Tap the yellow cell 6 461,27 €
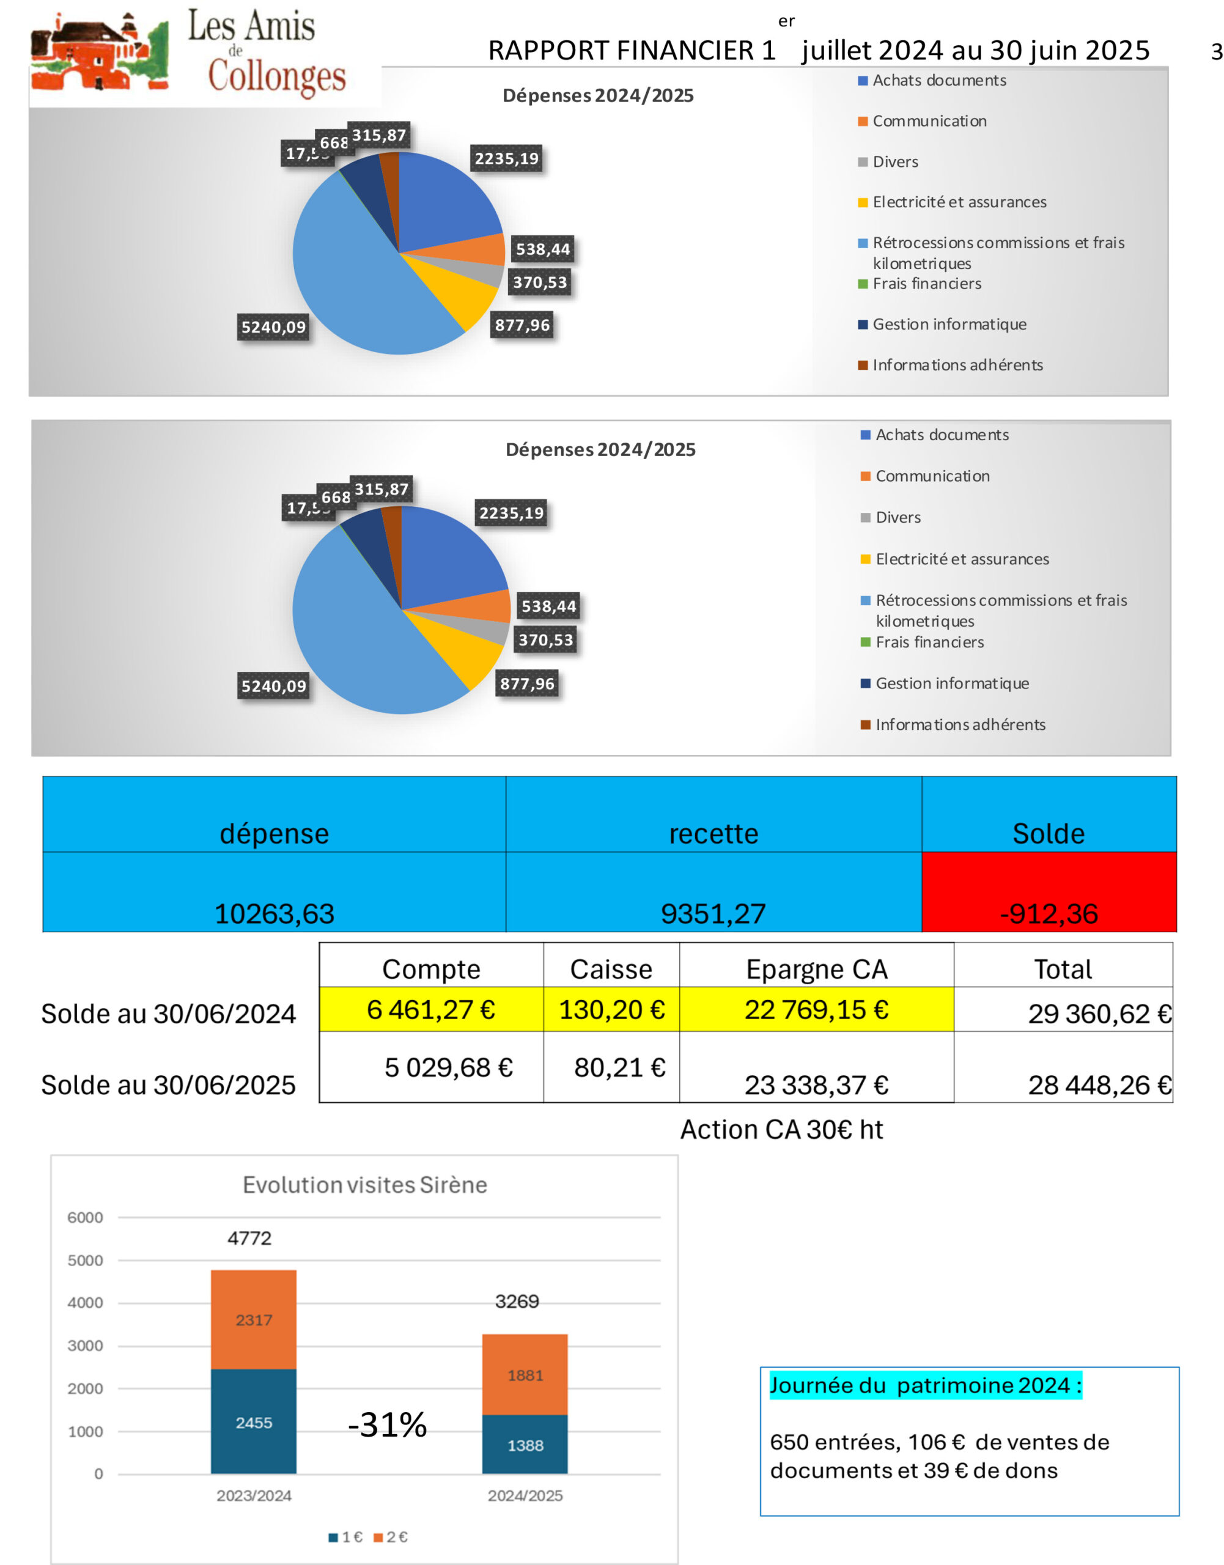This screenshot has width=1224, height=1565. pyautogui.click(x=430, y=1009)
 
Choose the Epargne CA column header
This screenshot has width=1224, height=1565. pyautogui.click(x=816, y=969)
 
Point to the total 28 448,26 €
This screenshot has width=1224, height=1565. pyautogui.click(x=1099, y=1085)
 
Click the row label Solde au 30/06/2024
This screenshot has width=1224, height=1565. pyautogui.click(x=168, y=1013)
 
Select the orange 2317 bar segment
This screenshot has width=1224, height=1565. pyautogui.click(x=254, y=1319)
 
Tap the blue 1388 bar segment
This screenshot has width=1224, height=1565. pyautogui.click(x=525, y=1445)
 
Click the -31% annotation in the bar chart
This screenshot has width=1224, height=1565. pyautogui.click(x=388, y=1424)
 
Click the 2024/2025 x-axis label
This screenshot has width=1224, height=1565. pyautogui.click(x=525, y=1495)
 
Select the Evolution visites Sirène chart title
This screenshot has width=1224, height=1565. pyautogui.click(x=365, y=1185)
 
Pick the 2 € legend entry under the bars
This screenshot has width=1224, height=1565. pyautogui.click(x=391, y=1536)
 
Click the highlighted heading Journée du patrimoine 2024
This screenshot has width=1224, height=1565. pyautogui.click(x=925, y=1385)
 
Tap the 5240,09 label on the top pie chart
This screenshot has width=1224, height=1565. pyautogui.click(x=273, y=328)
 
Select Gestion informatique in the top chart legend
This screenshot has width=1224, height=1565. pyautogui.click(x=949, y=325)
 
